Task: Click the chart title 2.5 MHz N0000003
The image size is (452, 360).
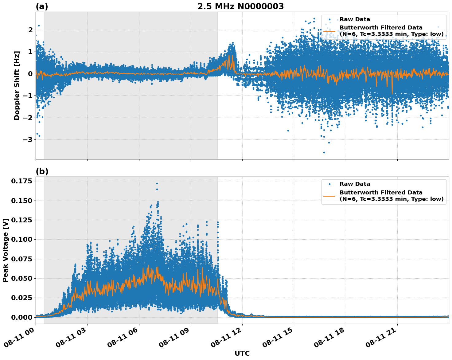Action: click(x=240, y=6)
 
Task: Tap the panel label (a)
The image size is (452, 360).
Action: click(x=42, y=6)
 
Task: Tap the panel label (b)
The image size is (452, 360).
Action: click(x=42, y=171)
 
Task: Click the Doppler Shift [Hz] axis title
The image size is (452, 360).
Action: click(x=17, y=85)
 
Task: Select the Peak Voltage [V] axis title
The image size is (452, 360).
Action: click(x=5, y=250)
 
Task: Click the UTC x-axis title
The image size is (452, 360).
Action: click(x=242, y=353)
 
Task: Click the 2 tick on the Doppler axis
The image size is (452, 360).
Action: click(x=30, y=30)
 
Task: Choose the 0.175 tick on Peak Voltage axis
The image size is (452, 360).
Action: click(x=21, y=181)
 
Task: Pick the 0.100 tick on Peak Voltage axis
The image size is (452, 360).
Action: click(x=21, y=239)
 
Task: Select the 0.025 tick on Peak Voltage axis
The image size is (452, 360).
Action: click(x=21, y=298)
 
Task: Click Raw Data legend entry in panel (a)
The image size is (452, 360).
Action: click(x=355, y=19)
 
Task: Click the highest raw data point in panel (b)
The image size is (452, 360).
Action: click(x=157, y=183)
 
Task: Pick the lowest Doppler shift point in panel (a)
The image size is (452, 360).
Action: click(x=324, y=152)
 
